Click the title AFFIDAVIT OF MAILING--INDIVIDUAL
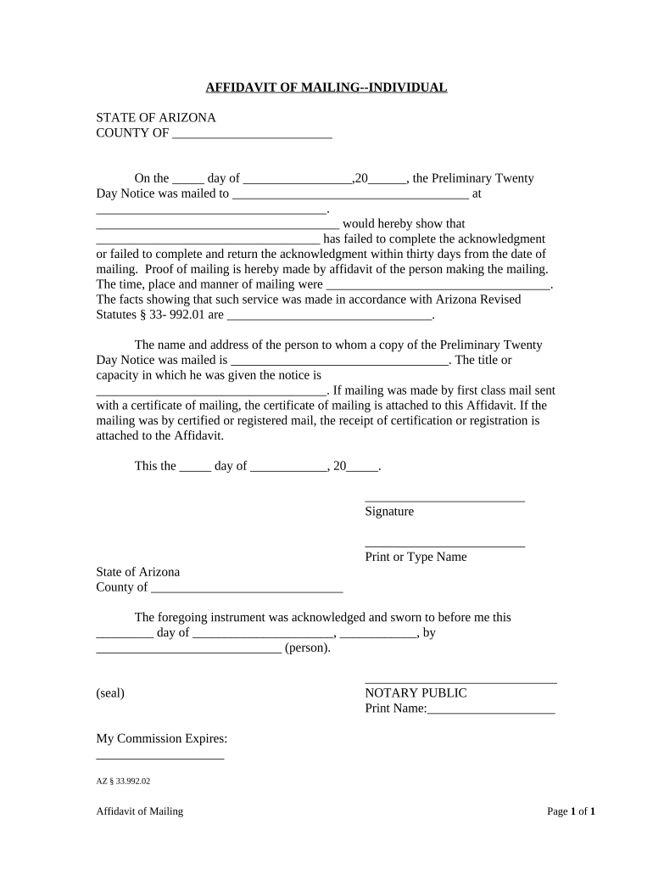pyautogui.click(x=326, y=87)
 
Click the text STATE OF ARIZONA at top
pyautogui.click(x=155, y=117)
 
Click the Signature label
pyautogui.click(x=389, y=512)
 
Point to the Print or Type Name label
pyautogui.click(x=416, y=558)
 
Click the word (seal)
pyautogui.click(x=110, y=693)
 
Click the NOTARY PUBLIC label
pyautogui.click(x=416, y=693)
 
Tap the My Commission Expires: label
pyautogui.click(x=162, y=739)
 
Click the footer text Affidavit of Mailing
pyautogui.click(x=140, y=812)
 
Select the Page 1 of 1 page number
pyautogui.click(x=571, y=812)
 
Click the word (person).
pyautogui.click(x=308, y=649)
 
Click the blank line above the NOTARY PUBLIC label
pyautogui.click(x=460, y=681)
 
